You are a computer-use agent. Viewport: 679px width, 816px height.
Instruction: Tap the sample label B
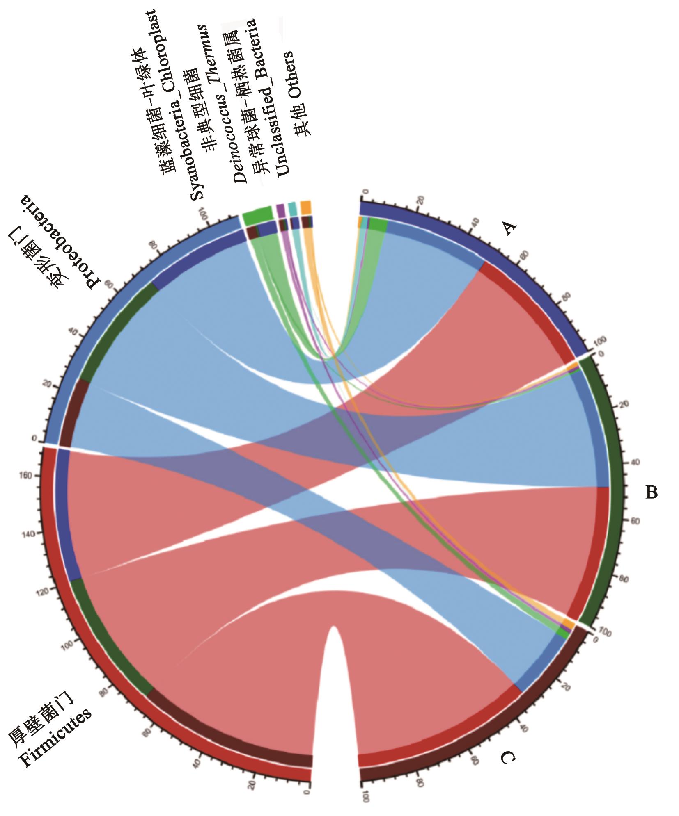[651, 492]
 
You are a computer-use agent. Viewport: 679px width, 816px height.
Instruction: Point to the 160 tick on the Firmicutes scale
[34, 476]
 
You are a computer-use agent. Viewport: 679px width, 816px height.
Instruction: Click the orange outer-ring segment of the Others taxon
[305, 207]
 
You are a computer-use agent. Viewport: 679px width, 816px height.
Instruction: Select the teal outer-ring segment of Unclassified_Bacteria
[292, 208]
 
